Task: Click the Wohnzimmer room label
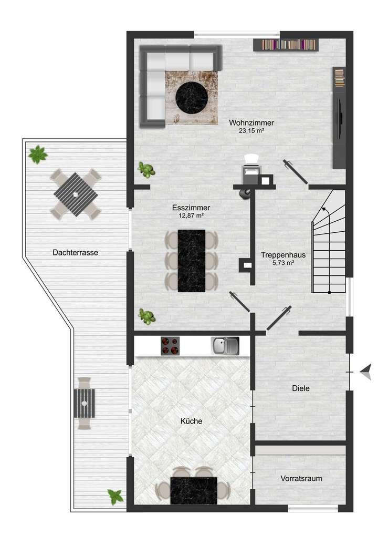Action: (251, 123)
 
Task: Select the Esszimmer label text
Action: (191, 208)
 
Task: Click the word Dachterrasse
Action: (75, 252)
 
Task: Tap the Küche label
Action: (191, 421)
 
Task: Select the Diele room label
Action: (301, 388)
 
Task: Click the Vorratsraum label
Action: (301, 479)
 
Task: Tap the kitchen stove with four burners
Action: (170, 346)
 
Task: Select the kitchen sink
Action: (225, 345)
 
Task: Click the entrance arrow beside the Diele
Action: (366, 372)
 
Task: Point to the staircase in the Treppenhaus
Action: (329, 242)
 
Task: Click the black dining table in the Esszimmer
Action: (191, 261)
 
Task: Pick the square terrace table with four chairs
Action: (75, 194)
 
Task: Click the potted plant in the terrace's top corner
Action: (38, 155)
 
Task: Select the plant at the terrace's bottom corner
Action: (115, 496)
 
